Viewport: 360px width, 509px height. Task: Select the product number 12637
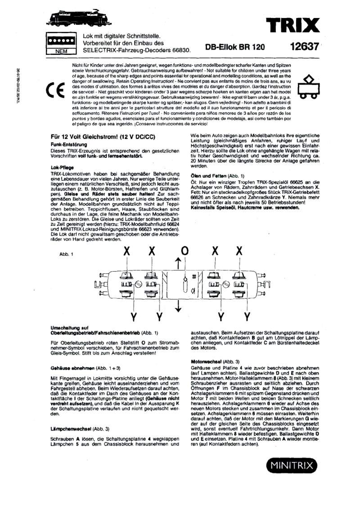305,46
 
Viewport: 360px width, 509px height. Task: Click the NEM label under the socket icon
60,51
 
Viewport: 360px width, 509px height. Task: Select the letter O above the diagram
184,251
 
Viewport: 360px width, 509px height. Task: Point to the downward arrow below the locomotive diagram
179,306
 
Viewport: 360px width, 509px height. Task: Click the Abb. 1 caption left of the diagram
66,254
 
